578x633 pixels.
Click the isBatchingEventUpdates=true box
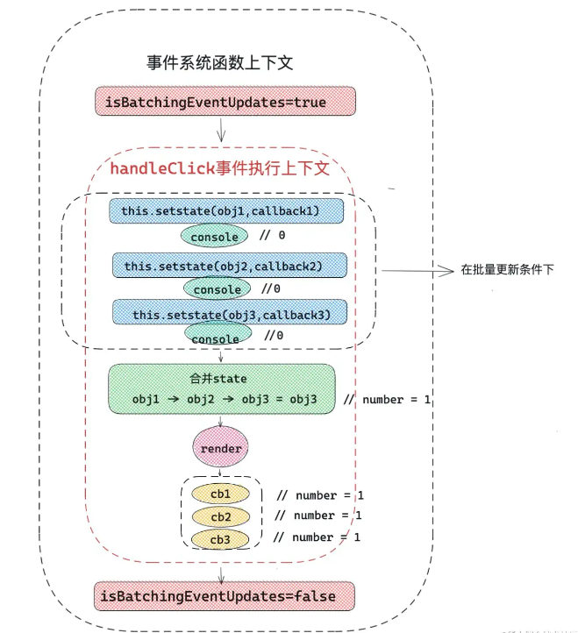(225, 101)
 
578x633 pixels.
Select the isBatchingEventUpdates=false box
(225, 596)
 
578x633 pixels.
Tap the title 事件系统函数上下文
(220, 62)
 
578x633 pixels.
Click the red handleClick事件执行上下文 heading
(220, 168)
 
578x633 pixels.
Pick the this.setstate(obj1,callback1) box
(226, 210)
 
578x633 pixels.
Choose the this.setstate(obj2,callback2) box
(230, 266)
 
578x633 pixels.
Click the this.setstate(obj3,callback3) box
(230, 312)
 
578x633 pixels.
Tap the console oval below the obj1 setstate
(214, 236)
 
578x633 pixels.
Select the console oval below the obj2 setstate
(217, 289)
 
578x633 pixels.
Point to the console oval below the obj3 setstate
(218, 334)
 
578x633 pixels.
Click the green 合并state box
(222, 388)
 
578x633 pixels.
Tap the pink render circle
(220, 447)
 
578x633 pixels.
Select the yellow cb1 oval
(220, 494)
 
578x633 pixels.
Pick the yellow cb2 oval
(220, 516)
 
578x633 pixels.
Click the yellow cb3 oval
(220, 539)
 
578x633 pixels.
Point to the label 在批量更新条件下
(507, 269)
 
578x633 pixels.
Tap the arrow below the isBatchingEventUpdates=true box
(220, 130)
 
